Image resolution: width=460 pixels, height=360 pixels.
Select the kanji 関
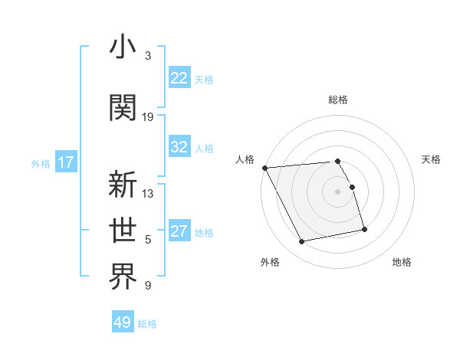123,107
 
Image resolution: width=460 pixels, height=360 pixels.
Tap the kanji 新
123,185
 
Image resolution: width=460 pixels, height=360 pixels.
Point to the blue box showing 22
179,78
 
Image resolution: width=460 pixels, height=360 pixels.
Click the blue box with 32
179,148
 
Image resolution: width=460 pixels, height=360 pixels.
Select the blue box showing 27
179,232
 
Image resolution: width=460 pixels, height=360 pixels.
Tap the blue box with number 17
65,162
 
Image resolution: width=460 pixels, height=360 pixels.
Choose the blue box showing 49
123,322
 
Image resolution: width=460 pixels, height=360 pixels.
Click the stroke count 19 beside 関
148,117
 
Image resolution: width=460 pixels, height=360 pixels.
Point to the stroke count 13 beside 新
148,194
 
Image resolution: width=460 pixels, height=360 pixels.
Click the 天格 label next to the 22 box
204,79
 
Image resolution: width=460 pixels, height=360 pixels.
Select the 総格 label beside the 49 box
147,324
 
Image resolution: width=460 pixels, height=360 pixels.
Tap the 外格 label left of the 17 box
41,163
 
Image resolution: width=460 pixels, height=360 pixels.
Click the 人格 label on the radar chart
245,159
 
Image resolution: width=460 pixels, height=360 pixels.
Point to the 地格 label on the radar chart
402,262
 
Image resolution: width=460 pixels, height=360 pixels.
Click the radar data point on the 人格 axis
264,168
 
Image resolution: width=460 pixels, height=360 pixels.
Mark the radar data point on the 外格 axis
302,242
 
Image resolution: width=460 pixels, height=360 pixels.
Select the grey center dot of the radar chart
337,191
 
